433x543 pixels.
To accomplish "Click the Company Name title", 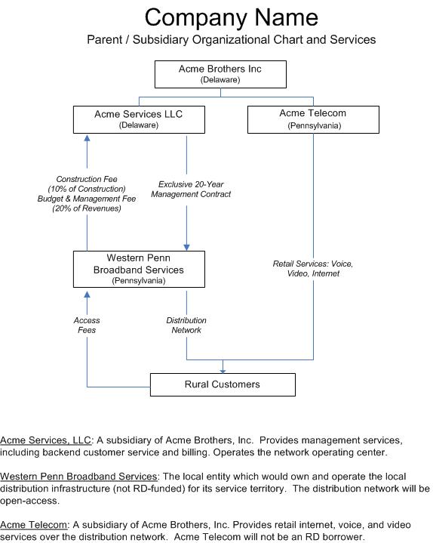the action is [231, 17].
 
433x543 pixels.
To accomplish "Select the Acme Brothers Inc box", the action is [220, 74].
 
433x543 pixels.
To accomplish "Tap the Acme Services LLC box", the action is [139, 119].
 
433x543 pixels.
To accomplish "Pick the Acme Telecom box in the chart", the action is [313, 119].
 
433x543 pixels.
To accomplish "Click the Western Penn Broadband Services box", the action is [139, 269].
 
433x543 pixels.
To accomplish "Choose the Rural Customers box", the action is [223, 384].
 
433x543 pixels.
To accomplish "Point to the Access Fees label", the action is [87, 325].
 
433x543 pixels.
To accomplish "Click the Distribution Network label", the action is [186, 325].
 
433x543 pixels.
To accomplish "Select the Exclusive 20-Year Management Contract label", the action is [191, 189].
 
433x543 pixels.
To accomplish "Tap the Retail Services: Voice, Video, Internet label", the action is [313, 268].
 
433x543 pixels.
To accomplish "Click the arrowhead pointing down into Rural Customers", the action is [223, 372].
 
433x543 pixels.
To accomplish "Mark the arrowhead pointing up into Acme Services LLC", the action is [88, 137].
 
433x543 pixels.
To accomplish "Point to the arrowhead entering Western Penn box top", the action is [187, 248].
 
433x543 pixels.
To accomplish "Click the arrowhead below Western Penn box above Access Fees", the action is [88, 295].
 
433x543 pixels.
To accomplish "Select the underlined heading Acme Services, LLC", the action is [45, 440].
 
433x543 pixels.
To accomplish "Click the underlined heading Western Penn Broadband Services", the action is [78, 477].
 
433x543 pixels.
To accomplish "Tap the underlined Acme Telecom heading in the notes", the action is [33, 525].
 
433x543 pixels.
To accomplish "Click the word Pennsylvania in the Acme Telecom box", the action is [314, 125].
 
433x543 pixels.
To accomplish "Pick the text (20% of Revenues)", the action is [87, 208].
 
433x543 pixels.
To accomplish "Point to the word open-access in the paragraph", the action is [29, 501].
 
